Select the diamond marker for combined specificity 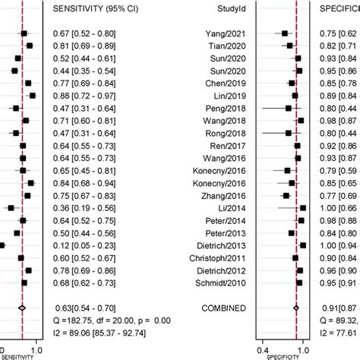point(296,308)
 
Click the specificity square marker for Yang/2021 point(285,33)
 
